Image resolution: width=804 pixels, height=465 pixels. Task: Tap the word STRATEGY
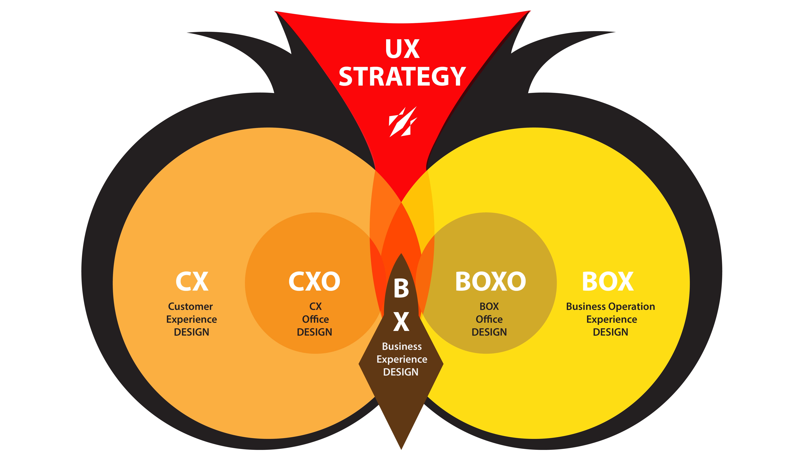[x=402, y=77]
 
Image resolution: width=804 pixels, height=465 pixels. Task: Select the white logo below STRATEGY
[x=403, y=122]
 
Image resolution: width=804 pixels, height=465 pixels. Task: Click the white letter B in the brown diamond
[x=401, y=288]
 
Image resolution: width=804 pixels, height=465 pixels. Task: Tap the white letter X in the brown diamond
[x=401, y=322]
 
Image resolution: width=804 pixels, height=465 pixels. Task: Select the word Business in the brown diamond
[x=402, y=347]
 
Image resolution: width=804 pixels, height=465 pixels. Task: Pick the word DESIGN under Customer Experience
[x=191, y=332]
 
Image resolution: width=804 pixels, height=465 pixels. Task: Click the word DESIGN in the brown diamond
[x=401, y=372]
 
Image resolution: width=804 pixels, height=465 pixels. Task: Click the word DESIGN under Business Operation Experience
[x=610, y=332]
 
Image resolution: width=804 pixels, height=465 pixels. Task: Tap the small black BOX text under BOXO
[x=489, y=306]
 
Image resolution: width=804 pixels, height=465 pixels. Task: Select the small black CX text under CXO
[x=315, y=306]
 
